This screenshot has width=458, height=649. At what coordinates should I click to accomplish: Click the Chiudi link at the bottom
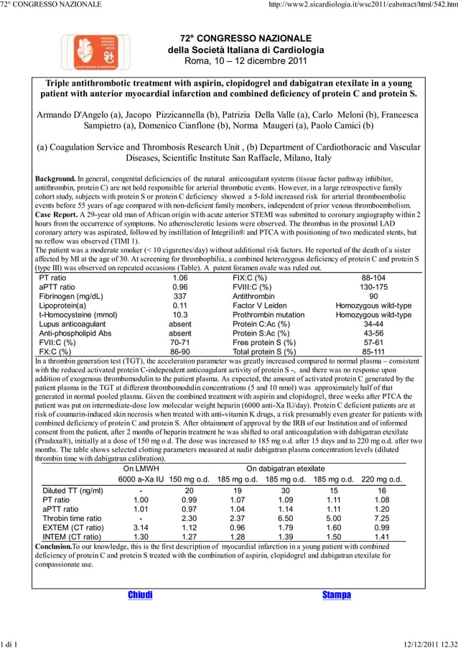(140, 594)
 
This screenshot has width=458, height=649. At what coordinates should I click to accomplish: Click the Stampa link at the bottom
(336, 594)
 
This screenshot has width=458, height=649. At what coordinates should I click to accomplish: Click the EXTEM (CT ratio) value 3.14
(141, 528)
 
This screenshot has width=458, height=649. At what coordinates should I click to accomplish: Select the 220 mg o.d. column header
(381, 479)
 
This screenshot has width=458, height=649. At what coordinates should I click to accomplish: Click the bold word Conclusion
(53, 546)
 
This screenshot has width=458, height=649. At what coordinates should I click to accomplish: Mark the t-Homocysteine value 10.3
(180, 315)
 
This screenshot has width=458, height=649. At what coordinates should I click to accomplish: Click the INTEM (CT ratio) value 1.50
(333, 537)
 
